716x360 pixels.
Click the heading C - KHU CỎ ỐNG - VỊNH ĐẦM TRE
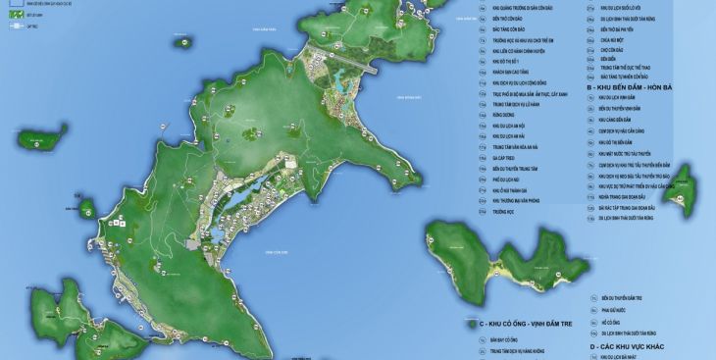537,324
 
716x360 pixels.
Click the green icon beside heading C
474,324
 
